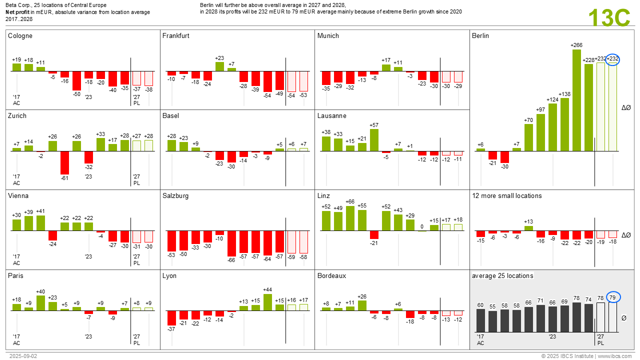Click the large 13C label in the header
tap(609, 18)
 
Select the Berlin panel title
tap(480, 36)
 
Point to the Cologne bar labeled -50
tap(76, 80)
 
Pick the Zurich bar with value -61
tap(64, 162)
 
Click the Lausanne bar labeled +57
tap(374, 140)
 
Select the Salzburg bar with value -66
tap(231, 243)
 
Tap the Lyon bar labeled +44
tap(267, 302)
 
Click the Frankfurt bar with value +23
tap(219, 66)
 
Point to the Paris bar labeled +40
tap(40, 303)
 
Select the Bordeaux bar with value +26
tap(362, 305)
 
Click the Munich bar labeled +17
tap(386, 67)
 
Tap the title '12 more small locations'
tap(506, 196)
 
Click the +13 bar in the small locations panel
tap(528, 228)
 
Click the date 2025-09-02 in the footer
tap(23, 356)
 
